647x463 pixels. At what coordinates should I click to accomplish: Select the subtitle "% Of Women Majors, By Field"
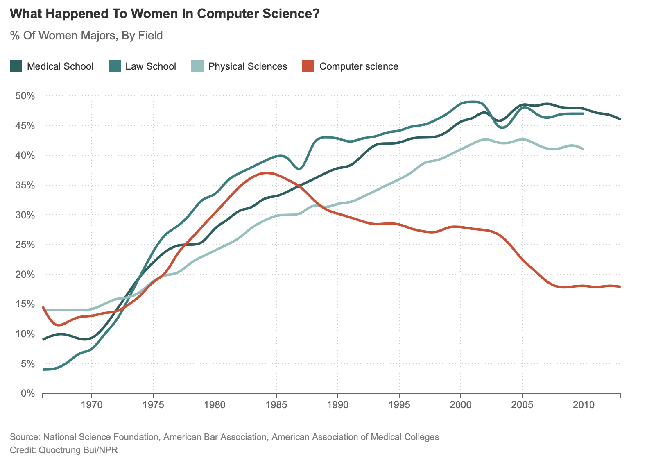click(x=86, y=36)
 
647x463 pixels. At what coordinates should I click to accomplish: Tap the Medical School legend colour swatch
click(x=16, y=66)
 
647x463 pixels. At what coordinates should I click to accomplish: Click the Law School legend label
click(x=150, y=66)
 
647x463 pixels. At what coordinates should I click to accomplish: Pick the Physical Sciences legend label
click(x=247, y=66)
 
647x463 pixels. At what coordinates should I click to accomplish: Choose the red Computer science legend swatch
click(x=308, y=66)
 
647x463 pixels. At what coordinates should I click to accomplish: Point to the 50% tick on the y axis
click(x=26, y=96)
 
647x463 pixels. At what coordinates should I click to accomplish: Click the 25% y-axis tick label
click(x=26, y=245)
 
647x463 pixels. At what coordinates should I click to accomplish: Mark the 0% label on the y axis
click(x=28, y=393)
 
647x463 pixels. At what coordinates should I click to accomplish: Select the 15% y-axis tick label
click(x=26, y=304)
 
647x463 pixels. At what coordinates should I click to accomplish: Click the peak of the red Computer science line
click(x=267, y=173)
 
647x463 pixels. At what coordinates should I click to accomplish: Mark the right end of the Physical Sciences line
click(x=583, y=149)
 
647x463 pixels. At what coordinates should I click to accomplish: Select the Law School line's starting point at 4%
click(x=43, y=370)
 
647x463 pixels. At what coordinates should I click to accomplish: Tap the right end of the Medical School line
click(x=620, y=119)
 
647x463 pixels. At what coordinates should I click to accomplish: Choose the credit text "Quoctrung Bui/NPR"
click(x=78, y=450)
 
